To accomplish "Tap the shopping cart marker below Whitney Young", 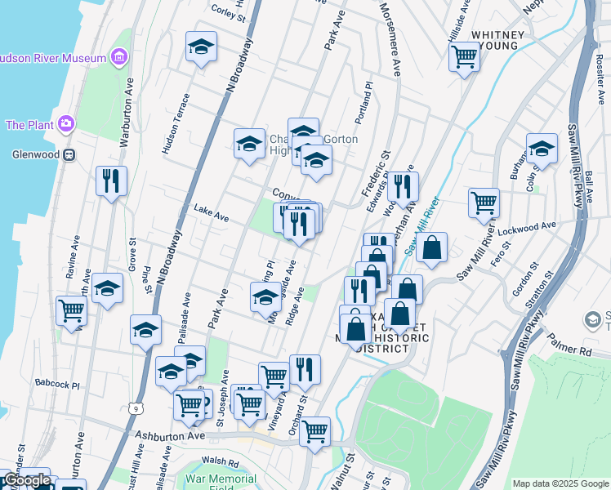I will [x=464, y=57].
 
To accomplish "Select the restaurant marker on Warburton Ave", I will [x=111, y=180].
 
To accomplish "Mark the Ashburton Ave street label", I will [x=169, y=437].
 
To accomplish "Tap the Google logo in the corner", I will [x=27, y=481].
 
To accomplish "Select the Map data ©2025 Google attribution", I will [x=560, y=483].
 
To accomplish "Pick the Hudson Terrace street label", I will [x=177, y=123].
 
